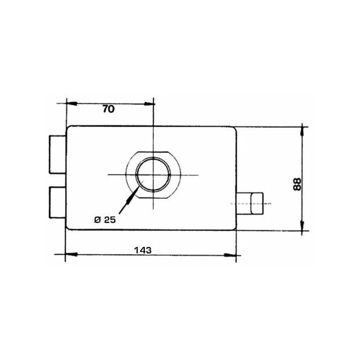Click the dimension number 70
click(109, 109)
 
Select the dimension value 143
click(142, 249)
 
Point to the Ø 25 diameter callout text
click(105, 220)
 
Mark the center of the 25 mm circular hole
click(153, 175)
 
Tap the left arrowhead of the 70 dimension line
click(70, 103)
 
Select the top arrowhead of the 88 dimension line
click(302, 131)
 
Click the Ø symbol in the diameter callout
click(97, 220)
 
